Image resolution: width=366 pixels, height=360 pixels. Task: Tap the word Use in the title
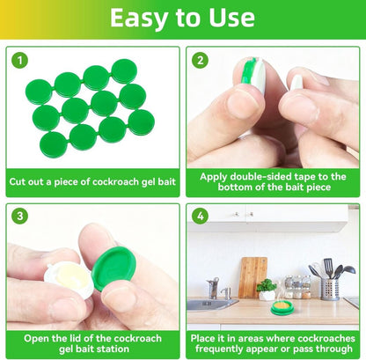coord(228,18)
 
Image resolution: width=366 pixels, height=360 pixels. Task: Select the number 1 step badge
coord(19,61)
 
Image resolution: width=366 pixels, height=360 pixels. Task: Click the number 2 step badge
coord(200,61)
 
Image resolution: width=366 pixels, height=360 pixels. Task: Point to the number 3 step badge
coord(19,217)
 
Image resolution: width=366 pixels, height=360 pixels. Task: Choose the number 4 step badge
coord(200,217)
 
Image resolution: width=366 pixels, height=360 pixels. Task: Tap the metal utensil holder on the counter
coord(330,287)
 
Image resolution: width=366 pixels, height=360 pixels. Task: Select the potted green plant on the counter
coord(266,289)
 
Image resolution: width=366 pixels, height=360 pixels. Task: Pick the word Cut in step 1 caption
coord(18,182)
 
